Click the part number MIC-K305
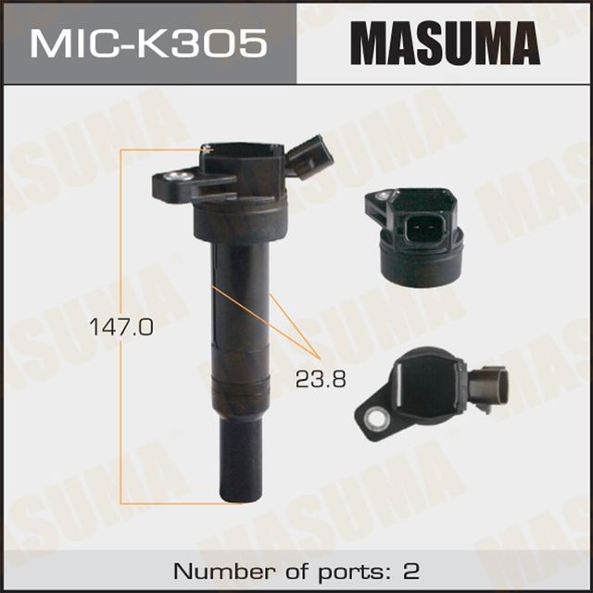point(147,43)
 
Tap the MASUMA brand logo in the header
point(444,43)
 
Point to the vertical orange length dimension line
point(122,324)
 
